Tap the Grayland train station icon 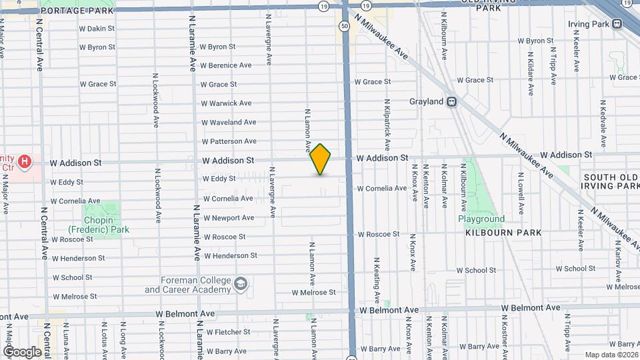click(x=452, y=101)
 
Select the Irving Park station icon click(x=617, y=24)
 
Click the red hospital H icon click(x=25, y=161)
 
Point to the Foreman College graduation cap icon click(x=240, y=285)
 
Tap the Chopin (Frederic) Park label click(x=107, y=225)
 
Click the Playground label click(x=481, y=219)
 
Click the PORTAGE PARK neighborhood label click(x=69, y=11)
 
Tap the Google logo click(x=22, y=351)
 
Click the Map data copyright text click(x=611, y=355)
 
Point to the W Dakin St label click(x=97, y=29)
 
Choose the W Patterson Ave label click(x=229, y=141)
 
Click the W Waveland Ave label click(x=229, y=122)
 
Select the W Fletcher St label click(x=229, y=331)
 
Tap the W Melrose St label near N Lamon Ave click(x=313, y=293)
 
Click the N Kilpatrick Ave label click(x=387, y=125)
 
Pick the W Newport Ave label click(x=228, y=218)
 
